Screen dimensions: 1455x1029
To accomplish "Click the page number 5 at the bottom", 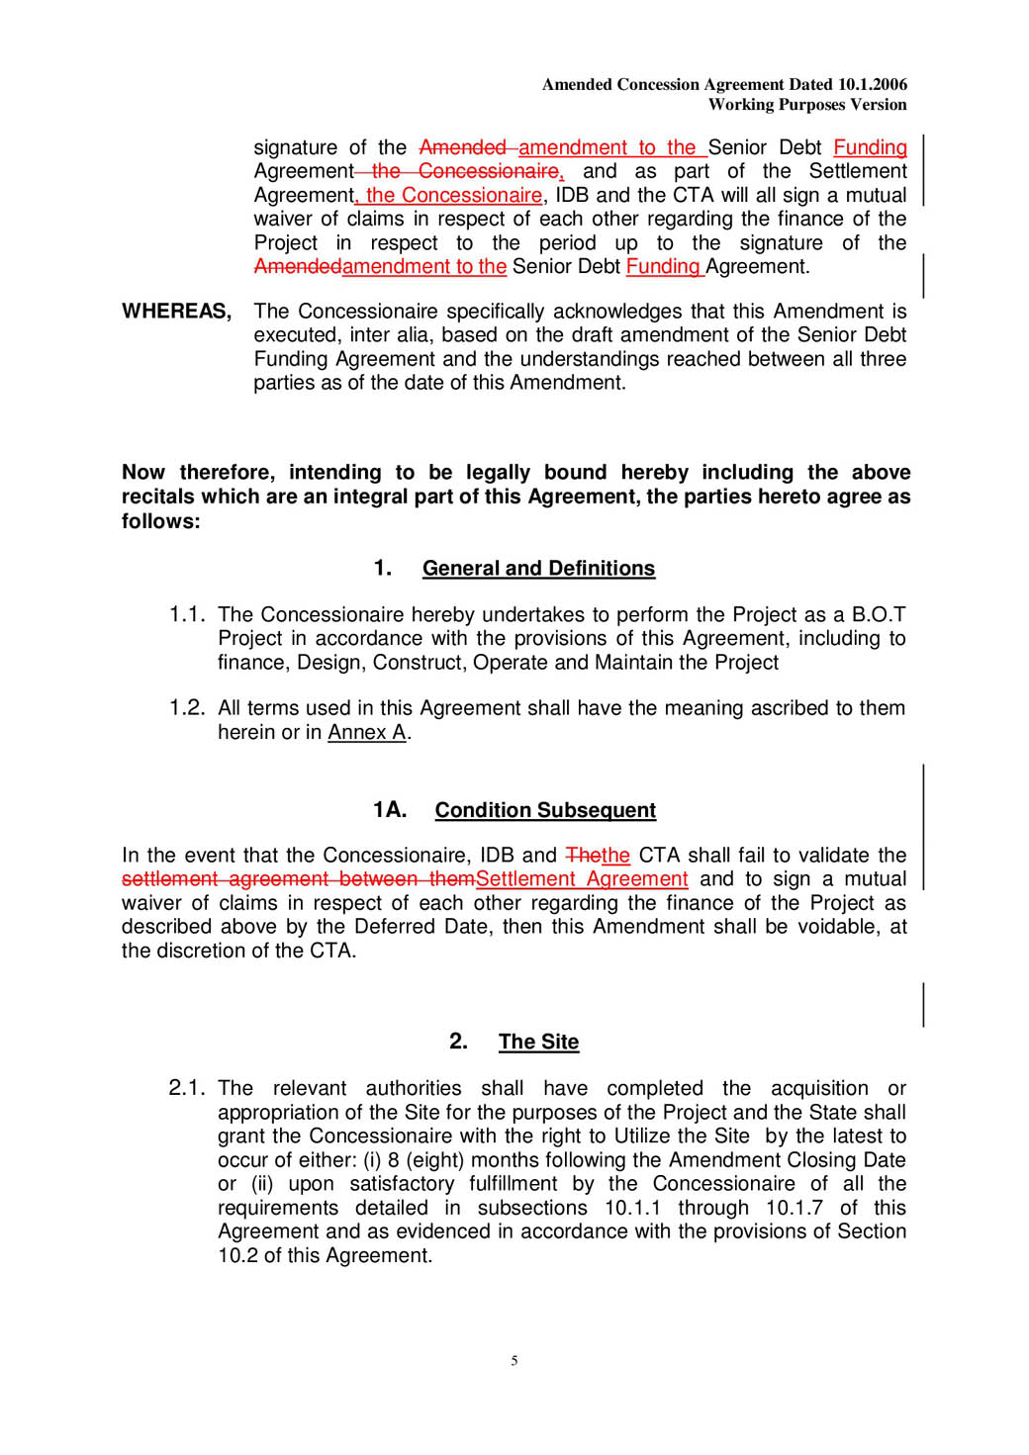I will tap(514, 1361).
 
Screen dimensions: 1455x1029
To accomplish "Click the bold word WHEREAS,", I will tap(177, 312).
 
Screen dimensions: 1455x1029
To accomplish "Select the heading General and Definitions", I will tap(538, 569).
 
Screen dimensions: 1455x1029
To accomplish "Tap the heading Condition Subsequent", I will tap(545, 811).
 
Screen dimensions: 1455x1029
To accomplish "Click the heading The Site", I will tap(538, 1043).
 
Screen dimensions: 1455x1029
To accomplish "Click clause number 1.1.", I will tap(186, 615).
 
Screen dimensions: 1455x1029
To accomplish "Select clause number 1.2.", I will tap(186, 708).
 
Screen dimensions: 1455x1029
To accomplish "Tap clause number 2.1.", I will tap(186, 1088).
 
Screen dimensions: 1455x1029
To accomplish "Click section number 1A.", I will tap(390, 810).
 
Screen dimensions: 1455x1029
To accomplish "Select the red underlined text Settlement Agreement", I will tap(582, 879).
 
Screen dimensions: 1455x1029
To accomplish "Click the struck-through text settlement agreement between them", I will tap(298, 879).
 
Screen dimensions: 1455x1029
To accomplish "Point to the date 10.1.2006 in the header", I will tap(872, 85).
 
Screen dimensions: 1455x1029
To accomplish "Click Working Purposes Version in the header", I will tap(807, 105).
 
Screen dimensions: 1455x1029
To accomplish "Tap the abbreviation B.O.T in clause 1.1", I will tap(879, 615).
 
